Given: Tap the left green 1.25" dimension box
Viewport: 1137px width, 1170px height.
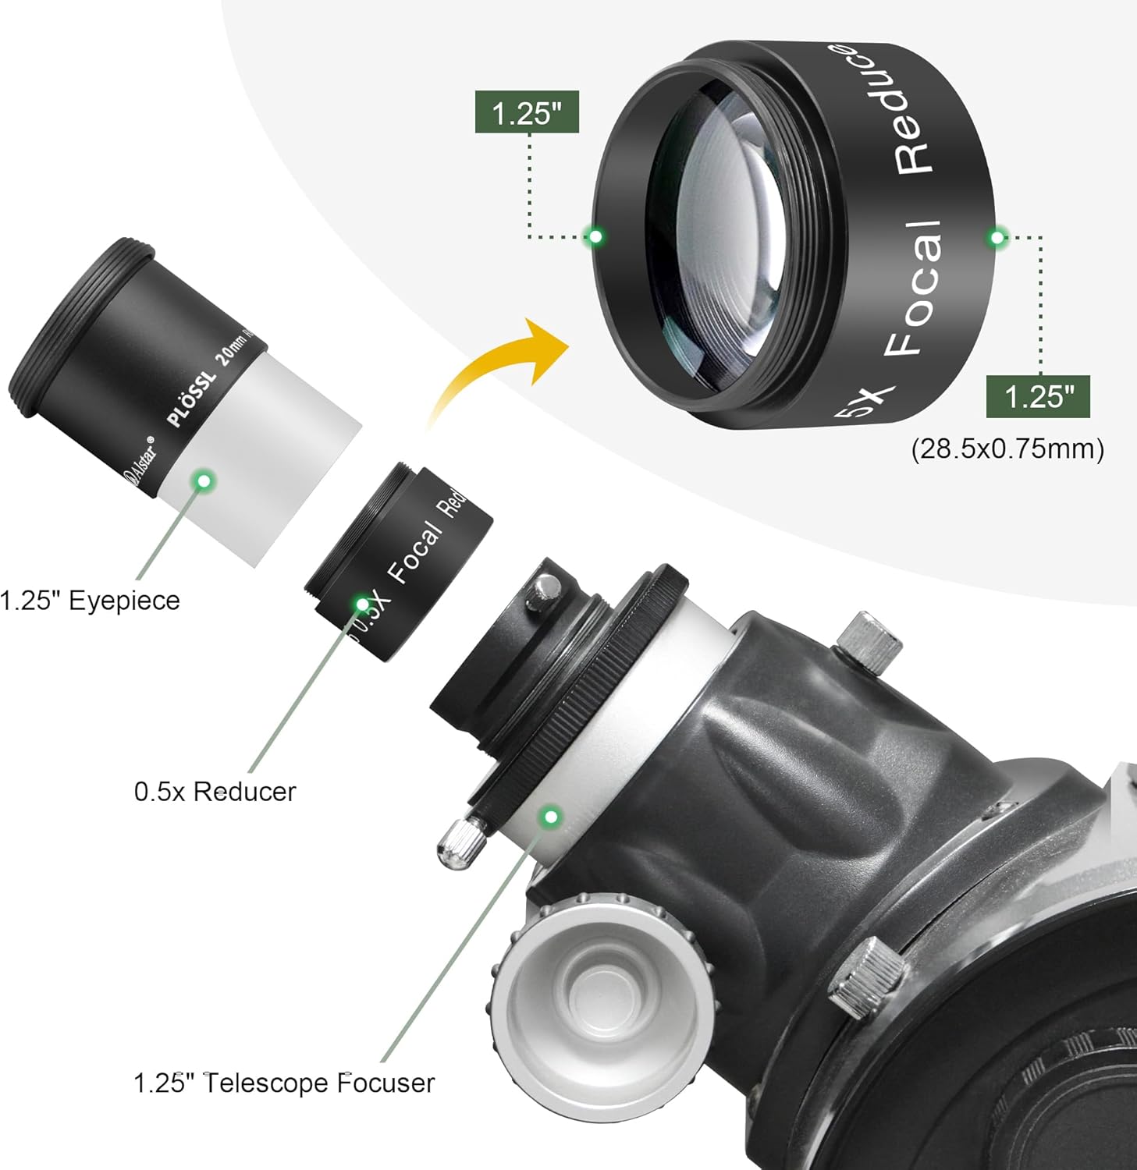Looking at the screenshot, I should pos(527,112).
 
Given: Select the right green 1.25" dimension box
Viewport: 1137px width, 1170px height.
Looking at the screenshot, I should pos(1037,397).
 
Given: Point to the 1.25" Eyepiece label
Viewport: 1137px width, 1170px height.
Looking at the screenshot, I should pos(89,601).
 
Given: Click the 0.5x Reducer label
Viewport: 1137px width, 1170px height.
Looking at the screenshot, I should pos(215,792).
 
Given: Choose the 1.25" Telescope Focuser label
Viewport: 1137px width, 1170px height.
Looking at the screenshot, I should pos(283,1083).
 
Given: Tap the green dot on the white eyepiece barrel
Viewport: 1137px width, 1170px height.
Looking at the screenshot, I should pos(204,480).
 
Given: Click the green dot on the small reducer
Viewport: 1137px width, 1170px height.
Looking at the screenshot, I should pos(362,603).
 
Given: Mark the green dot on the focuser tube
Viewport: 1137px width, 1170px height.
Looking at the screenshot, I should pos(552,817).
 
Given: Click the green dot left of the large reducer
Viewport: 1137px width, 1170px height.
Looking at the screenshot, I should pos(595,236).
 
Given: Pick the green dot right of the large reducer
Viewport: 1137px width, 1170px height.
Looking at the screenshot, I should pos(997,237).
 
